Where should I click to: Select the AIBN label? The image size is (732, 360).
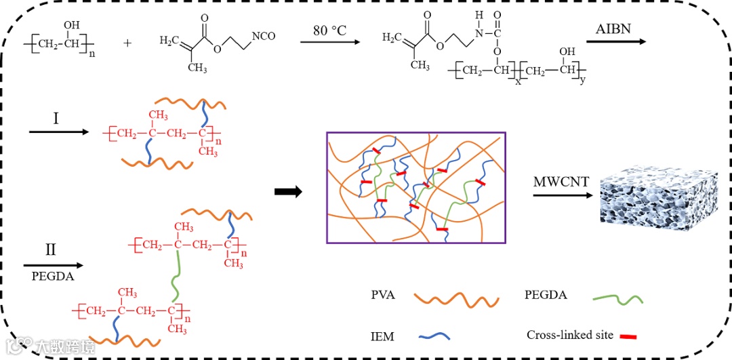click(614, 30)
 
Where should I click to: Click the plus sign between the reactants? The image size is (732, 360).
click(128, 43)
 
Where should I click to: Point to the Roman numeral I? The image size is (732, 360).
click(56, 119)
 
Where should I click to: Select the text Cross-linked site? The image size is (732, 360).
click(569, 335)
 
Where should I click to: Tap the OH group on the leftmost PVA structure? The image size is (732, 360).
click(71, 26)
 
